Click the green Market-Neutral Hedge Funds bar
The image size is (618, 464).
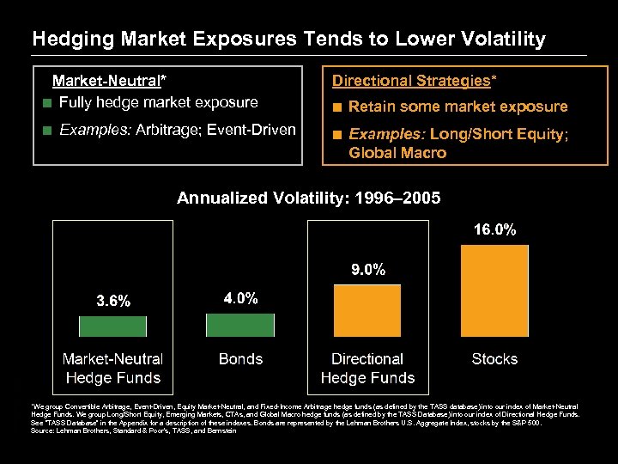point(113,326)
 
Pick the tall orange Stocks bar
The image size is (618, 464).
point(495,290)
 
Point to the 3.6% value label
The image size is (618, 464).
point(113,301)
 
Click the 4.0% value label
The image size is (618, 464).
point(240,298)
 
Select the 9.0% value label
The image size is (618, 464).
point(367,269)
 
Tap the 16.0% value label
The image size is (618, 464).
point(495,230)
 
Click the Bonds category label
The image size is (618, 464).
point(240,359)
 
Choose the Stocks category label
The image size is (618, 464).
point(495,359)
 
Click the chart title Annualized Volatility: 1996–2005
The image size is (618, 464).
point(309,198)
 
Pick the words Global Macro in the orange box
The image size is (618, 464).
point(397,153)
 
